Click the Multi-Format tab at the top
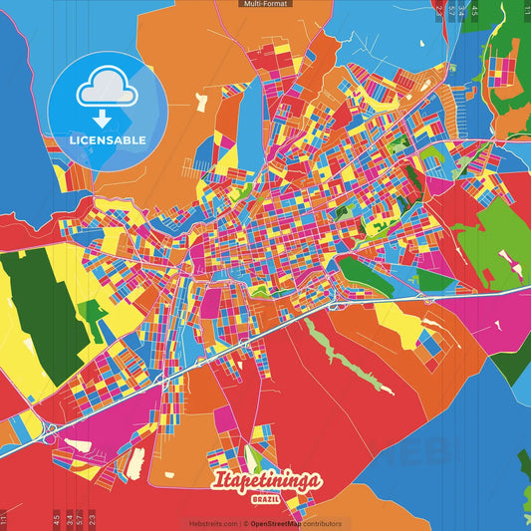pos(265,4)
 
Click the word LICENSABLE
pos(107,138)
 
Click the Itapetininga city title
pos(267,481)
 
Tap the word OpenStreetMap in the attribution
pos(275,523)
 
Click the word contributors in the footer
pos(321,523)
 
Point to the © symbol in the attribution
pos(245,523)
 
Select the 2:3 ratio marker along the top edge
pos(439,12)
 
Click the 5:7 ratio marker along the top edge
pos(450,12)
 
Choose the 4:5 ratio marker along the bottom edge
pos(57,518)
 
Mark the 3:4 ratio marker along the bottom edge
pos(69,518)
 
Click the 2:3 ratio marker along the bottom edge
pos(92,518)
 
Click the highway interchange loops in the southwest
pos(48,430)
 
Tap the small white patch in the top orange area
pos(202,101)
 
